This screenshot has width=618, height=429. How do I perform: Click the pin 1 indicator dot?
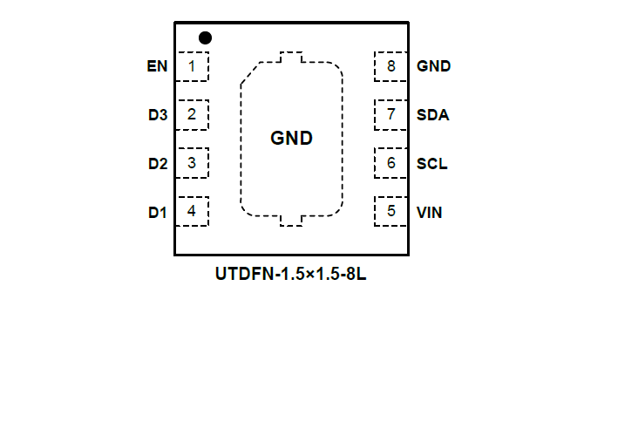pyautogui.click(x=206, y=37)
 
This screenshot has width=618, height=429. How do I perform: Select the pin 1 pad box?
pyautogui.click(x=193, y=66)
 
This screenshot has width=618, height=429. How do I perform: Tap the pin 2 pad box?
pyautogui.click(x=193, y=114)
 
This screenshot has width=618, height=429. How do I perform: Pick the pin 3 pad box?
pyautogui.click(x=193, y=162)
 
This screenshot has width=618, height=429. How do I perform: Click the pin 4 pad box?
pyautogui.click(x=193, y=210)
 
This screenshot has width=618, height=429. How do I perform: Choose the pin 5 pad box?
pyautogui.click(x=390, y=210)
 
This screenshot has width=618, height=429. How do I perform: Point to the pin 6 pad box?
pyautogui.click(x=390, y=162)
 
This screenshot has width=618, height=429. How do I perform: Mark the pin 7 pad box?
pyautogui.click(x=390, y=114)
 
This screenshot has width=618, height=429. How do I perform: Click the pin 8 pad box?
pyautogui.click(x=390, y=66)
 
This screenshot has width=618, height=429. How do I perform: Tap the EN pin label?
pyautogui.click(x=157, y=66)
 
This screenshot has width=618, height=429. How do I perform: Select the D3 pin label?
pyautogui.click(x=157, y=114)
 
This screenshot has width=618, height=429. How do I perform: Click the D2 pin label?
pyautogui.click(x=157, y=163)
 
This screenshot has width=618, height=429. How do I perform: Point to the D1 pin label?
pyautogui.click(x=157, y=212)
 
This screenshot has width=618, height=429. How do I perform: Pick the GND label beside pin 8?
pyautogui.click(x=434, y=66)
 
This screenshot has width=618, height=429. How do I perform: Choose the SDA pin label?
pyautogui.click(x=433, y=114)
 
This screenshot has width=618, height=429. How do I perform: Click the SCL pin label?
pyautogui.click(x=432, y=163)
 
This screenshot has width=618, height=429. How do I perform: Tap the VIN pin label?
pyautogui.click(x=430, y=212)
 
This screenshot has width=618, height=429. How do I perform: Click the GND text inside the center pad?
pyautogui.click(x=291, y=138)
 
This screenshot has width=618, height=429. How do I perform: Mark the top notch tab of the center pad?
pyautogui.click(x=291, y=58)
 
